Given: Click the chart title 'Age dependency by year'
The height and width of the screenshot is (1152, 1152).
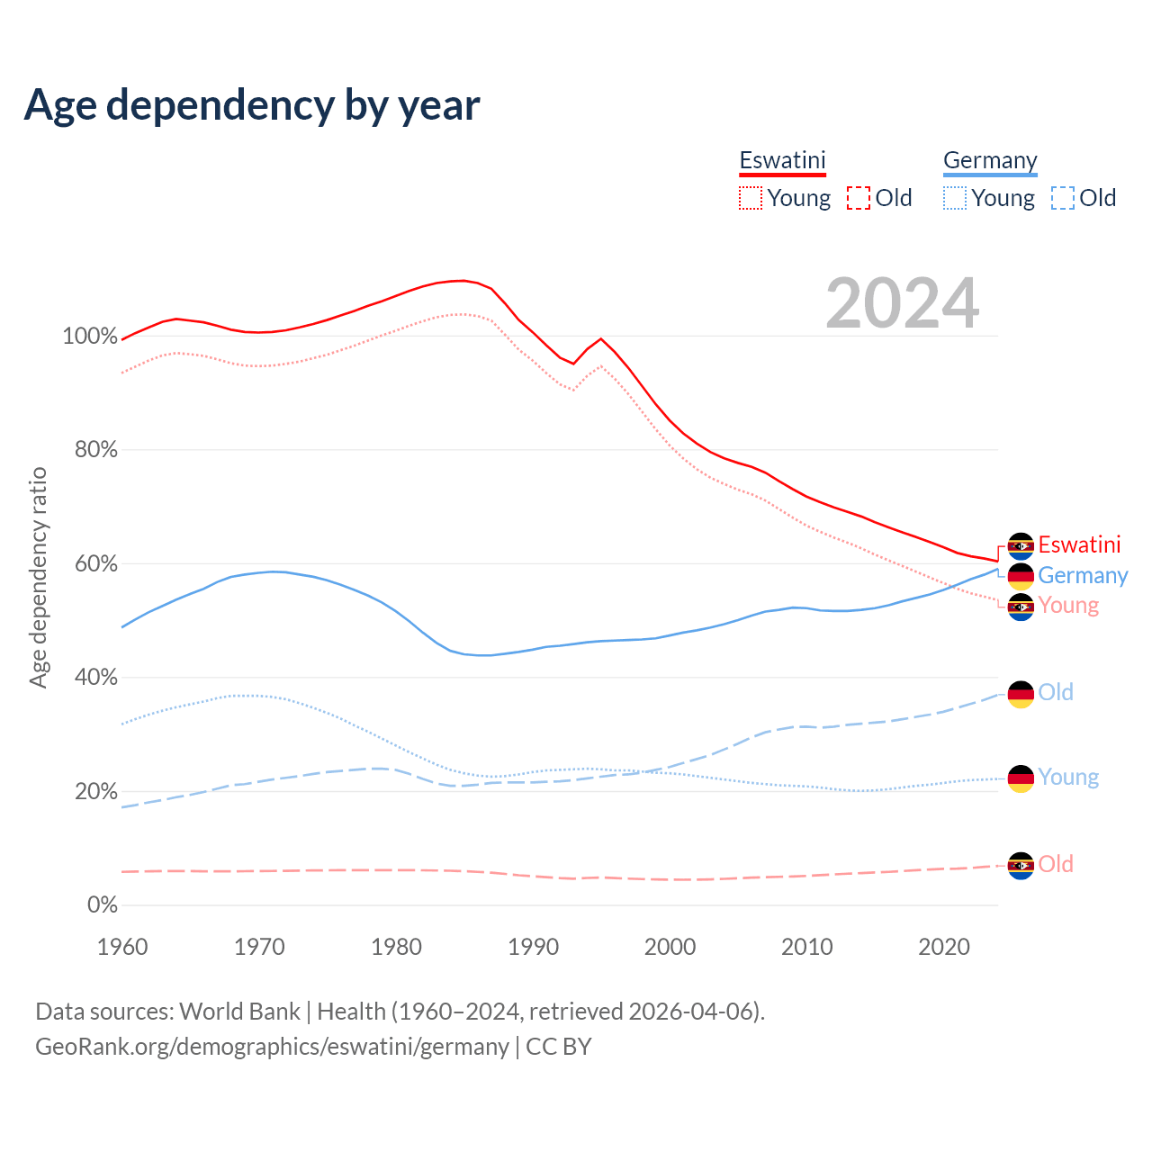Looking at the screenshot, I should click(252, 105).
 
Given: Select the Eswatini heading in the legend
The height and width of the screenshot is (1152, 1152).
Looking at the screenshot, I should click(782, 160).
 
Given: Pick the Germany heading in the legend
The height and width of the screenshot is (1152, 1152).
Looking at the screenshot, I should click(990, 160).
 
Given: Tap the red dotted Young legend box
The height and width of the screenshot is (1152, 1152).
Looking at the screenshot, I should click(751, 198).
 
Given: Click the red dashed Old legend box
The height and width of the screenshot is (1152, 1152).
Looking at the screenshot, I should click(859, 198).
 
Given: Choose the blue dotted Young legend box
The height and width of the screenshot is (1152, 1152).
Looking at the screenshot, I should click(955, 198).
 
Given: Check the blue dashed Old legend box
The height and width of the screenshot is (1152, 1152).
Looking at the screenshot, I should click(1063, 198).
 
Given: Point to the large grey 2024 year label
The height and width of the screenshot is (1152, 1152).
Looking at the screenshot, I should click(902, 304).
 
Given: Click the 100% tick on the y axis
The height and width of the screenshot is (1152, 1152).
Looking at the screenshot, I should click(89, 337).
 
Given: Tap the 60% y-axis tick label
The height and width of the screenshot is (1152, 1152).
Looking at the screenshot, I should click(95, 564).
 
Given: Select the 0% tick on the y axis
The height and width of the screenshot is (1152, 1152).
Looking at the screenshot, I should click(102, 905).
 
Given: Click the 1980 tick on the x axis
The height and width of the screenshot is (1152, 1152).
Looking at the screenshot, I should click(397, 947).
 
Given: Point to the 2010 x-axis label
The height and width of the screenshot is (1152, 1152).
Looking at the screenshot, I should click(807, 947).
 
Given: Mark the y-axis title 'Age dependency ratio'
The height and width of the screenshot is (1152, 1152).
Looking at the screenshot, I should click(38, 577).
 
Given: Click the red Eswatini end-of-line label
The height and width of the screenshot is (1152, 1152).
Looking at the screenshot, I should click(1079, 544).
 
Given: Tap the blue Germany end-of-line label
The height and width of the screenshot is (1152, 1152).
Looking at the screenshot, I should click(1083, 575).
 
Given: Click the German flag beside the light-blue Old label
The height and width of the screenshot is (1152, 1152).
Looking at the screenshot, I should click(1021, 694).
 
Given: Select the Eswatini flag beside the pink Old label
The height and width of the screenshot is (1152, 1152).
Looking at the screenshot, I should click(1021, 866).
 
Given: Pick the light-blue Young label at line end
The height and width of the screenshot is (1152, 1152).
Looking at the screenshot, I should click(1068, 777).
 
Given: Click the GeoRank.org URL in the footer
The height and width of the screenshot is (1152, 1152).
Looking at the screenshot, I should click(272, 1047).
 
